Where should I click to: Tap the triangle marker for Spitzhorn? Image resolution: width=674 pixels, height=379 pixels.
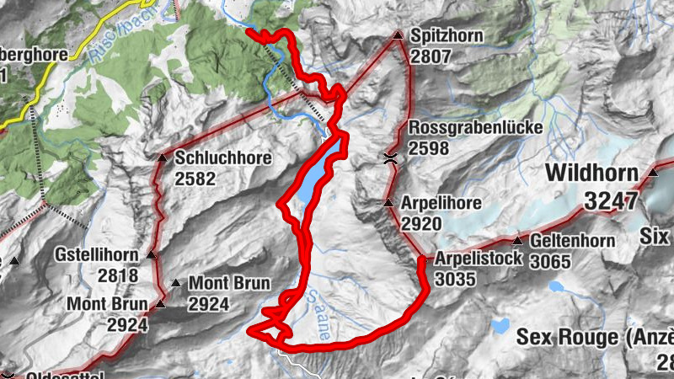point(398,35)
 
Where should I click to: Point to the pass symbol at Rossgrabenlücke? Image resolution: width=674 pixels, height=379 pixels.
point(389,157)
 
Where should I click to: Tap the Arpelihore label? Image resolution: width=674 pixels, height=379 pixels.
point(441,204)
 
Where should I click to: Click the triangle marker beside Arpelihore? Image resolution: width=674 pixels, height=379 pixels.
point(388,204)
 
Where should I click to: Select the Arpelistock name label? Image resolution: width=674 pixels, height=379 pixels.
point(479,258)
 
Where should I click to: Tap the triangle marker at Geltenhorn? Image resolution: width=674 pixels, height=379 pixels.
point(517,242)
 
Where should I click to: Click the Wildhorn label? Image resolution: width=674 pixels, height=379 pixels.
point(596,173)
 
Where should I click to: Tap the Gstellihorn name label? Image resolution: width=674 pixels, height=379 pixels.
point(95,254)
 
